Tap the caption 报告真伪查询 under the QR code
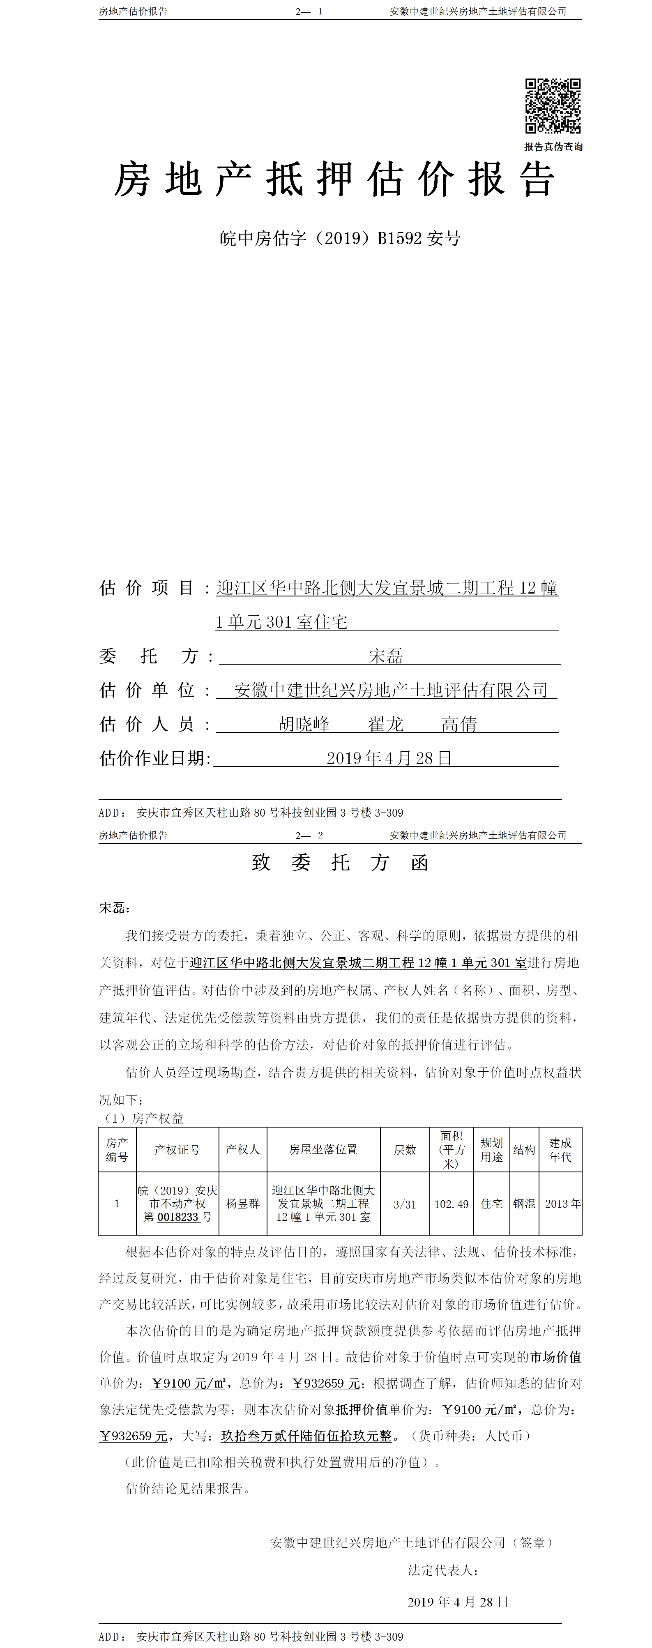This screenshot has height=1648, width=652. pyautogui.click(x=553, y=147)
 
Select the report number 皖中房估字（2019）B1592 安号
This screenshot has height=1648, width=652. pyautogui.click(x=340, y=239)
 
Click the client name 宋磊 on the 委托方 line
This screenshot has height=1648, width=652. pyautogui.click(x=386, y=656)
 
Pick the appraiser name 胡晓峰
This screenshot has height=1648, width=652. pyautogui.click(x=304, y=724)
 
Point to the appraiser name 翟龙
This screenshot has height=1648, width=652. pyautogui.click(x=386, y=724)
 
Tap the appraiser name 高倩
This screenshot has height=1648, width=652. pyautogui.click(x=459, y=724)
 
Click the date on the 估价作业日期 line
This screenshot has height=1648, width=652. pyautogui.click(x=389, y=758)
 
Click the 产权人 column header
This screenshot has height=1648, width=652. pyautogui.click(x=242, y=1150)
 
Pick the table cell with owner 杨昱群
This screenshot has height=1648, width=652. pyautogui.click(x=242, y=1204)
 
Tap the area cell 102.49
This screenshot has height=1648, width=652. pyautogui.click(x=452, y=1204)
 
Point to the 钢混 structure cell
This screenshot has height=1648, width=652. pyautogui.click(x=524, y=1204)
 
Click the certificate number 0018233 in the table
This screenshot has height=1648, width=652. pyautogui.click(x=178, y=1217)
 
